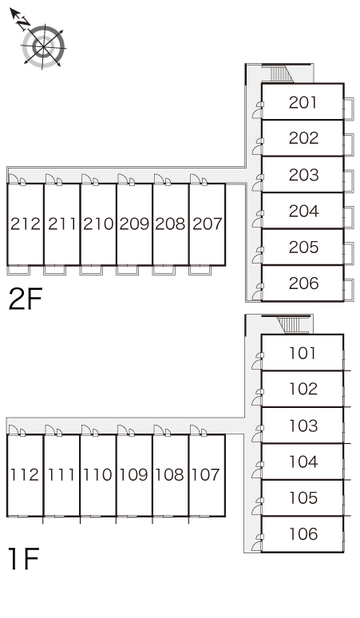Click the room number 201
pos(303,102)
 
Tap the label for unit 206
pos(303,283)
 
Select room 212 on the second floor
pos(26,224)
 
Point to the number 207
pos(208,224)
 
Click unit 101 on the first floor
pos(303,353)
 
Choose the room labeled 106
pos(303,534)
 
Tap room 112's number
pos(25,475)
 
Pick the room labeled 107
pos(207,475)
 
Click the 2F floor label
pos(26,299)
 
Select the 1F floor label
pos(24,558)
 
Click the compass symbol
pos(43,46)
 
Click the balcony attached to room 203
pos(349,181)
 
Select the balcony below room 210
pos(91,270)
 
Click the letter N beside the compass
pos(24,24)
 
